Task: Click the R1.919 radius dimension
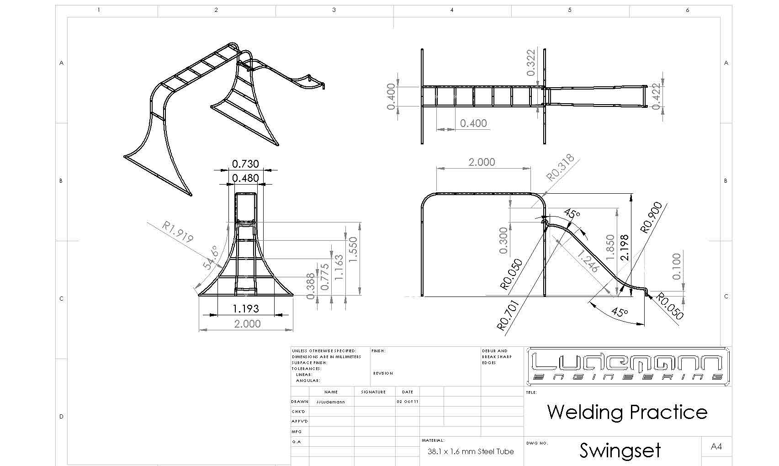tap(178, 232)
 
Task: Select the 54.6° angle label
tap(211, 258)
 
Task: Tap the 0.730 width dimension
tap(245, 164)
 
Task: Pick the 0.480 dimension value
tap(245, 178)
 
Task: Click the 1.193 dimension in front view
tap(246, 309)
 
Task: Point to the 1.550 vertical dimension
tap(353, 249)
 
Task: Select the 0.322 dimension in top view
tap(531, 63)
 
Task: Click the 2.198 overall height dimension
tap(625, 248)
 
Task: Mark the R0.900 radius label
tap(652, 218)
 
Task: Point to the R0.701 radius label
tap(508, 315)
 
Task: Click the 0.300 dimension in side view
tap(503, 240)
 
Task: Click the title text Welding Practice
tap(627, 412)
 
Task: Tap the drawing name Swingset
tap(620, 450)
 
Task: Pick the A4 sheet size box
tap(716, 446)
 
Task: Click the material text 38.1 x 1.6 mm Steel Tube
tap(471, 451)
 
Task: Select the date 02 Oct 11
tap(407, 402)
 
